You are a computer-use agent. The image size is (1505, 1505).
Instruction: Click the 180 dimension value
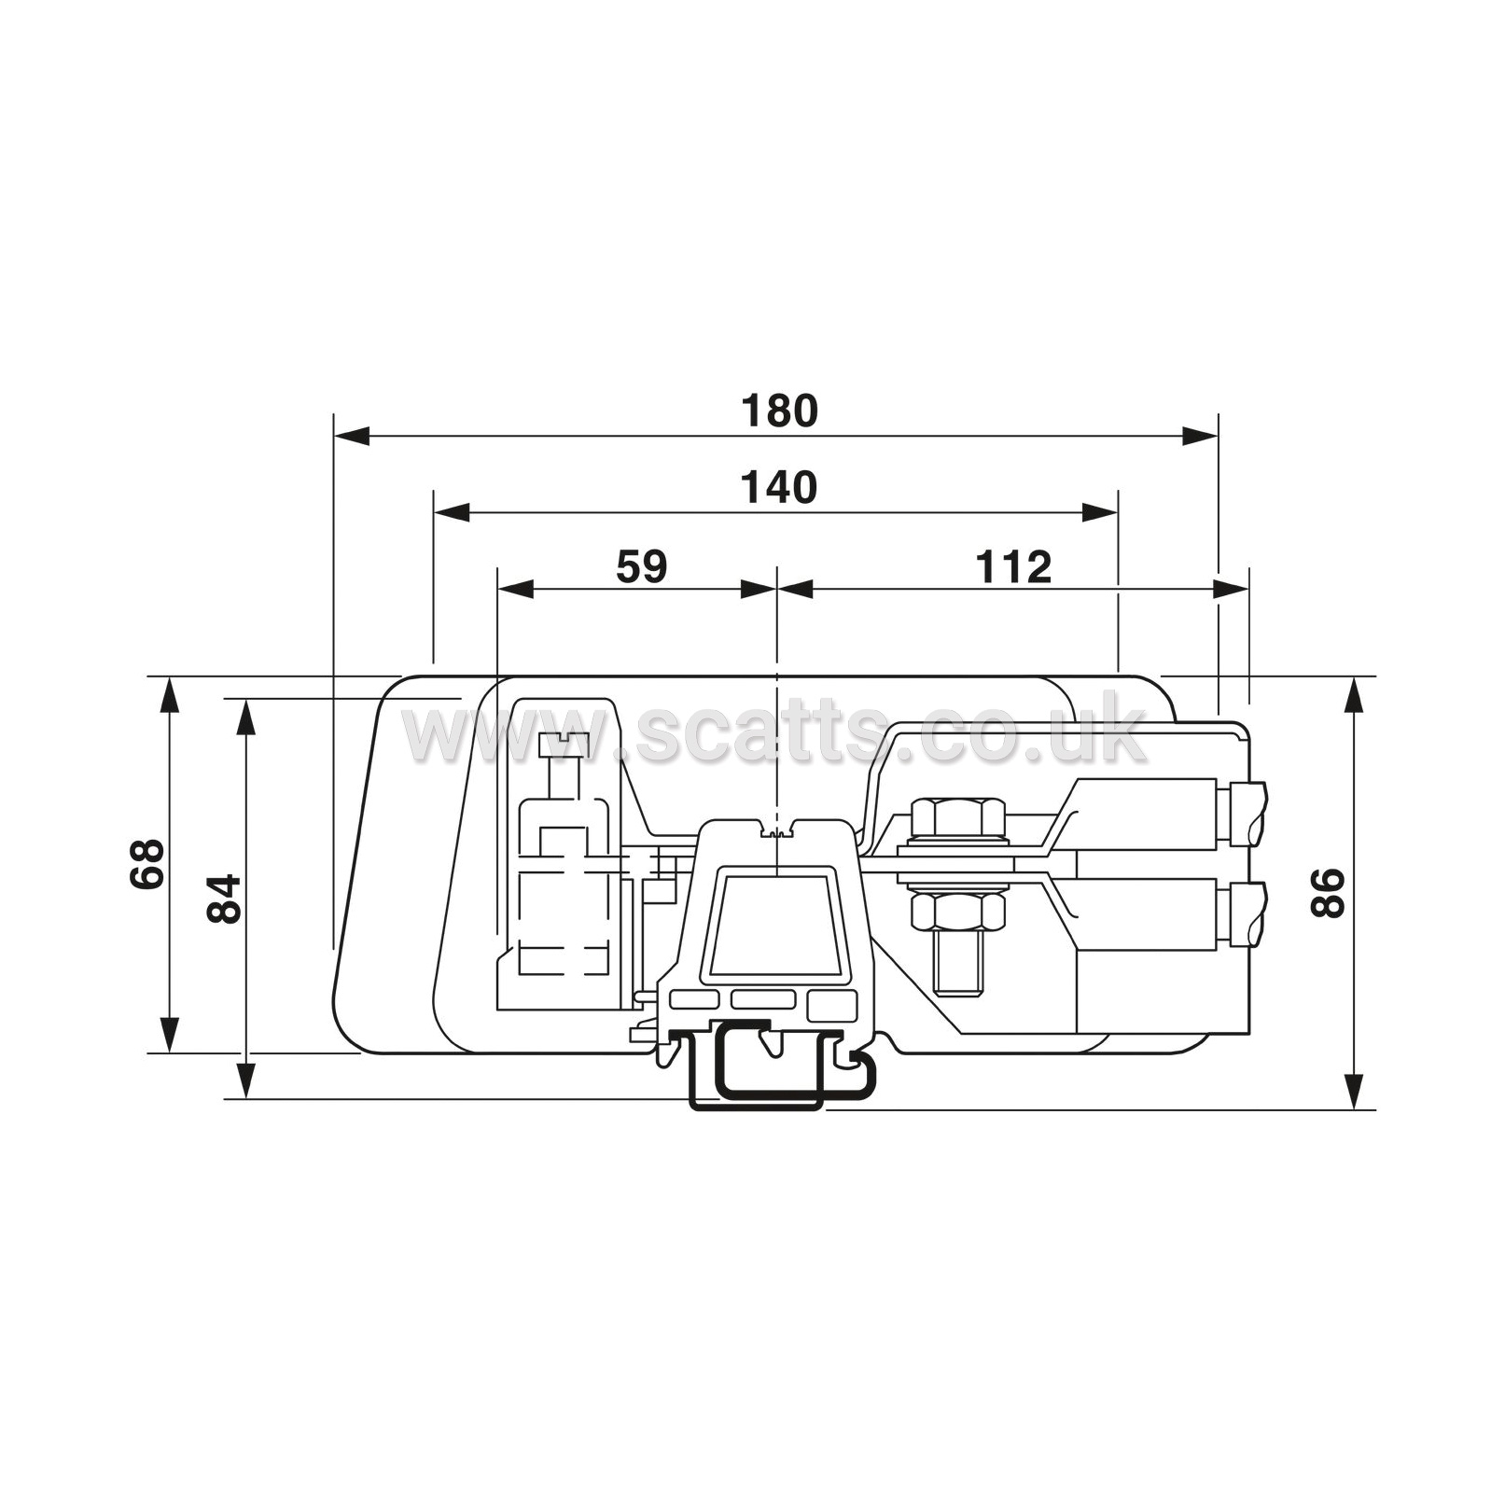click(x=779, y=411)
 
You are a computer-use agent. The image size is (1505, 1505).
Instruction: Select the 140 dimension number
click(x=779, y=488)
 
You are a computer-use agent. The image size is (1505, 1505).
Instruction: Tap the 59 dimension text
click(x=642, y=566)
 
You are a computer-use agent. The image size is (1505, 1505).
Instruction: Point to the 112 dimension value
click(x=1013, y=566)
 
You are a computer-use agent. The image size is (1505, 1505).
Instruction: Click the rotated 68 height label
click(x=146, y=863)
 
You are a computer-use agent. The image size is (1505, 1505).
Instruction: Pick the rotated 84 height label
click(x=224, y=898)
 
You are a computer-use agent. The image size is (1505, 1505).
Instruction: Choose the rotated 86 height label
click(x=1328, y=893)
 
